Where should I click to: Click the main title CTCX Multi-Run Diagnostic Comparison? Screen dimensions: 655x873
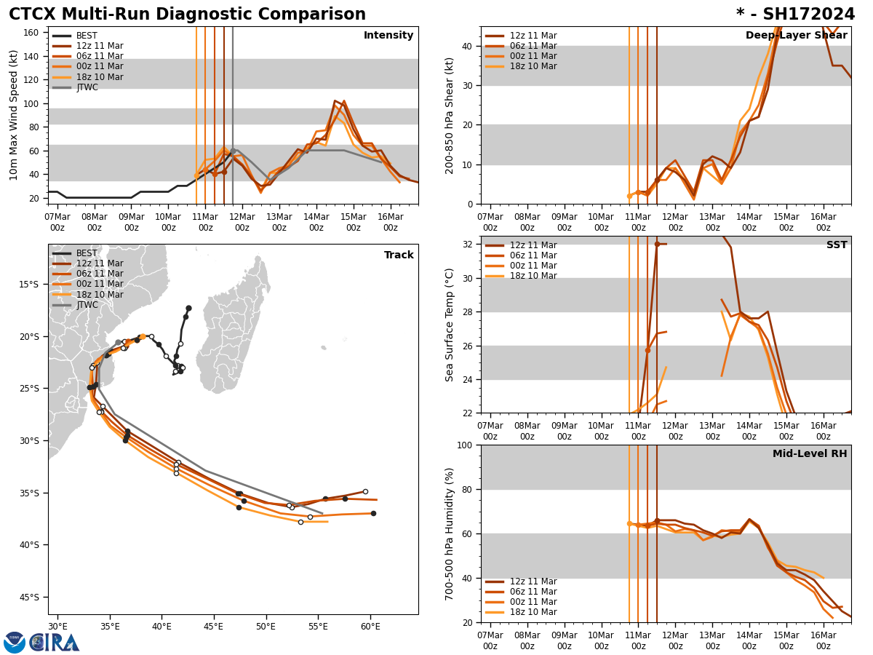click(187, 15)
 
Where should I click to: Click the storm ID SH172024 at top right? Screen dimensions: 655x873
click(795, 15)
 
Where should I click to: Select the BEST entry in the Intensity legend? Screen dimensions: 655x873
click(87, 36)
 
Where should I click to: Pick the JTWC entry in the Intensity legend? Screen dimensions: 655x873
click(87, 87)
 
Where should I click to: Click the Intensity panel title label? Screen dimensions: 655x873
click(388, 36)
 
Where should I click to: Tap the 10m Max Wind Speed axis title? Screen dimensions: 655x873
click(15, 115)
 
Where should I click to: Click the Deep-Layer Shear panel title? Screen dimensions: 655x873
click(796, 36)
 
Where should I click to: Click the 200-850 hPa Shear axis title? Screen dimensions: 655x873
click(450, 115)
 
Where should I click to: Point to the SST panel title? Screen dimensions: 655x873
click(837, 245)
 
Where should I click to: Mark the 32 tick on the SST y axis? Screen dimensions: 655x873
click(469, 245)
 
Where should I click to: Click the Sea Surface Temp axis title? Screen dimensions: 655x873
click(450, 325)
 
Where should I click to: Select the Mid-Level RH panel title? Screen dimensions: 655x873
click(810, 454)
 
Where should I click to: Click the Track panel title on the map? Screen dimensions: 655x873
click(399, 255)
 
